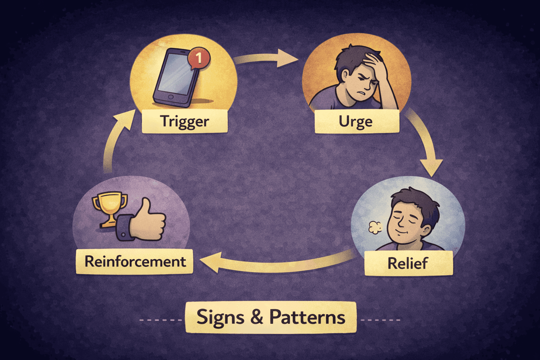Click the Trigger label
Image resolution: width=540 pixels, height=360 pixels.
click(x=185, y=121)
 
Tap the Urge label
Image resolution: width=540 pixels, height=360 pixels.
click(x=356, y=122)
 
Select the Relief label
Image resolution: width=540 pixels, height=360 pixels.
click(x=408, y=263)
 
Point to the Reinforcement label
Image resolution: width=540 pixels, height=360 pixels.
click(x=135, y=262)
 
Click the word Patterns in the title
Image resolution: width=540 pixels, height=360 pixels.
click(x=307, y=317)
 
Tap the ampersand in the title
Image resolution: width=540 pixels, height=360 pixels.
click(x=257, y=317)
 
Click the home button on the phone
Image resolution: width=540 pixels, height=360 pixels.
click(x=171, y=97)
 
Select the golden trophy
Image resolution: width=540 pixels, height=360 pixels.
click(x=109, y=208)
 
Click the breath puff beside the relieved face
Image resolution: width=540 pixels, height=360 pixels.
click(x=375, y=228)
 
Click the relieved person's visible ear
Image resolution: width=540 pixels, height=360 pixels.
click(x=426, y=230)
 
